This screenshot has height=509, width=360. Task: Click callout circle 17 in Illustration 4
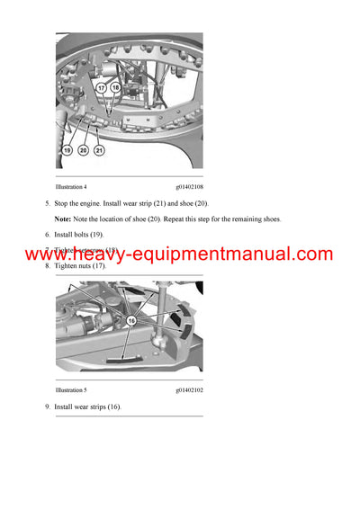[102, 88]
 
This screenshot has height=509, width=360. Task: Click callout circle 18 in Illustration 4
[115, 88]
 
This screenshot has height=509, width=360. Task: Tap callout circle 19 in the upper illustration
[68, 149]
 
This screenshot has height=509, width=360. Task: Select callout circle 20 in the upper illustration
[84, 149]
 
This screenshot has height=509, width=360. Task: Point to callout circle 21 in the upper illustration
[99, 149]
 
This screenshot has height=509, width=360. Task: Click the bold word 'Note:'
[64, 219]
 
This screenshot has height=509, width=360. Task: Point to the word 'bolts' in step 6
[85, 235]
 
